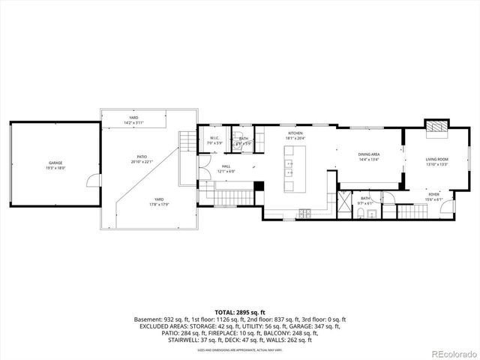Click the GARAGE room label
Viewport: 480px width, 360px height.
coord(55,163)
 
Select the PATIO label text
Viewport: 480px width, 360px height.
coord(141,157)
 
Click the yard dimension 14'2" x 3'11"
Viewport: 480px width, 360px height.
coord(133,122)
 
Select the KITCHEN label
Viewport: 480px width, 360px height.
coord(295,133)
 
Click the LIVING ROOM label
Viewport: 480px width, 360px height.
coord(437,159)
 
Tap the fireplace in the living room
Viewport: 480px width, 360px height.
coord(436,127)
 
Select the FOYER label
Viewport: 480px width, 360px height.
coord(434,194)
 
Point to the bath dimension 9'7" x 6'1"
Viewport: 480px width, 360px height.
coord(365,203)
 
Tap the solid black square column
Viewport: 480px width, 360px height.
coord(259,187)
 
